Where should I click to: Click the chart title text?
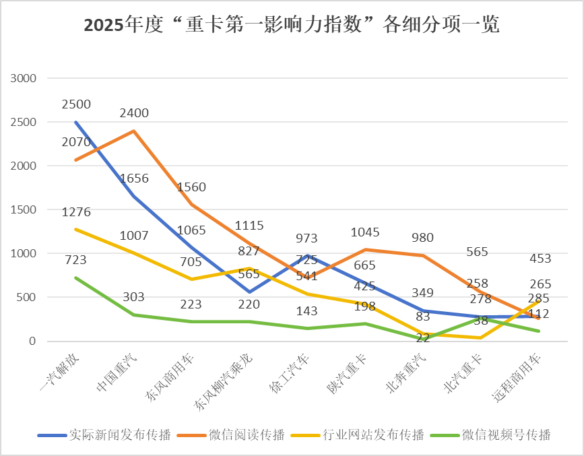292,26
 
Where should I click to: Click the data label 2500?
75,104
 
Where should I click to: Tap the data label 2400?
134,113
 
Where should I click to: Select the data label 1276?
75,212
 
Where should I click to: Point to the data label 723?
75,260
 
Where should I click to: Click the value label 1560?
192,187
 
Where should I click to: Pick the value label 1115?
249,226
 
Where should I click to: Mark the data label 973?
306,238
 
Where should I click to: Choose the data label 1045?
365,232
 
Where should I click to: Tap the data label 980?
423,238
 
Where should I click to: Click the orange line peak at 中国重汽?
134,131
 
